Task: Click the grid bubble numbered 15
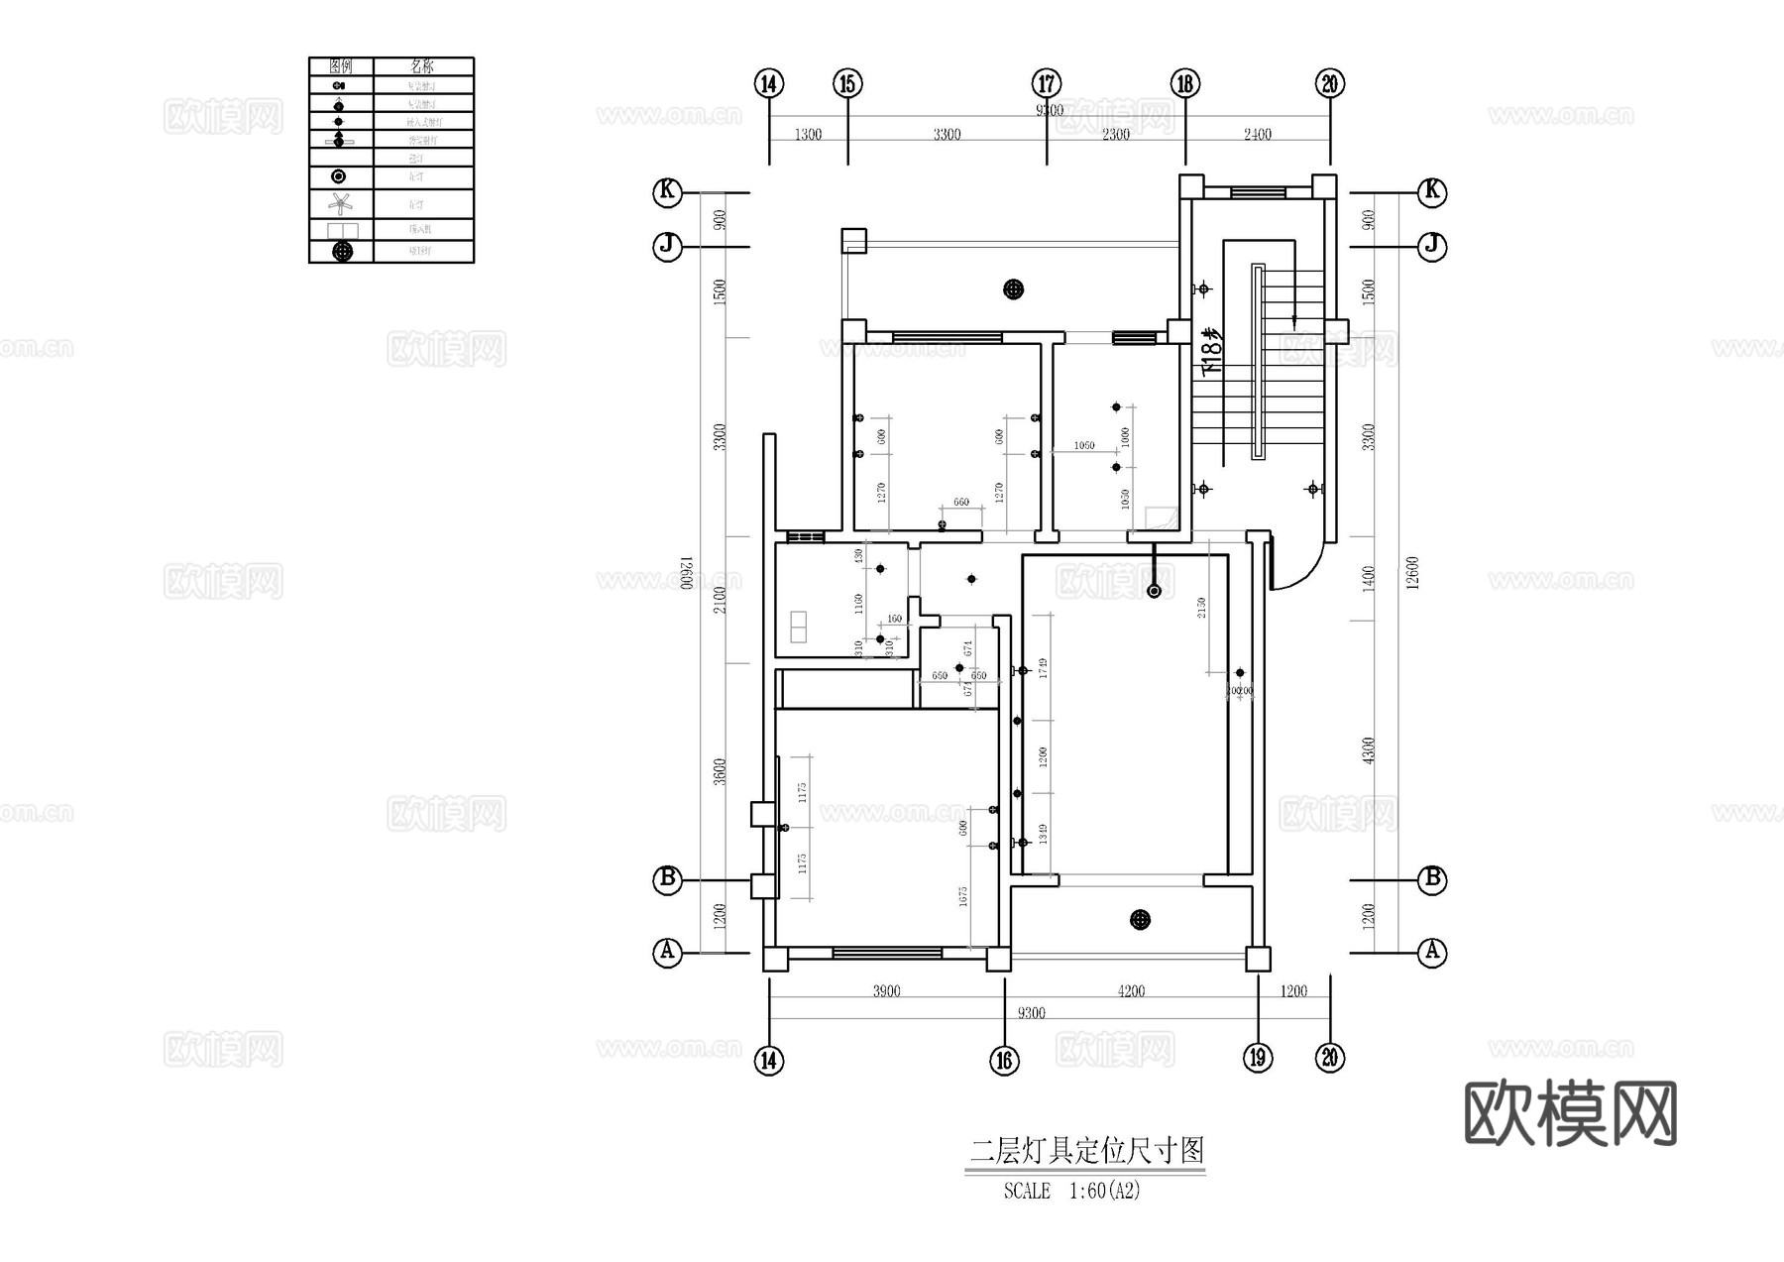pos(847,83)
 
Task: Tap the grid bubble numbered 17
pos(1047,83)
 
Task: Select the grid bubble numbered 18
pos(1185,83)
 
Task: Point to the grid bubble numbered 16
pos(1004,1061)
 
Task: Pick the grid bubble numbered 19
pos(1258,1058)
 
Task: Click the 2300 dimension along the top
pos(1116,135)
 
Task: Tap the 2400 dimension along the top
pos(1257,135)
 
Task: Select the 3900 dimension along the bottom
pos(886,991)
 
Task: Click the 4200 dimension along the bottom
pos(1131,991)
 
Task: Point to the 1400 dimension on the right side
pos(1369,579)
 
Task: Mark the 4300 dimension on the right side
pos(1369,749)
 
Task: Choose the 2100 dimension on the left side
pos(721,600)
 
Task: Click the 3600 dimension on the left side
pos(721,771)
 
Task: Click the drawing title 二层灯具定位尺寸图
pos(1086,1151)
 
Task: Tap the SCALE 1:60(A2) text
pos(1071,1191)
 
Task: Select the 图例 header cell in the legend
pos(341,66)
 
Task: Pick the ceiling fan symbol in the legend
pos(341,204)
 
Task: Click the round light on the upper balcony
pos(1013,289)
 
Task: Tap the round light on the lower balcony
pos(1141,920)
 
